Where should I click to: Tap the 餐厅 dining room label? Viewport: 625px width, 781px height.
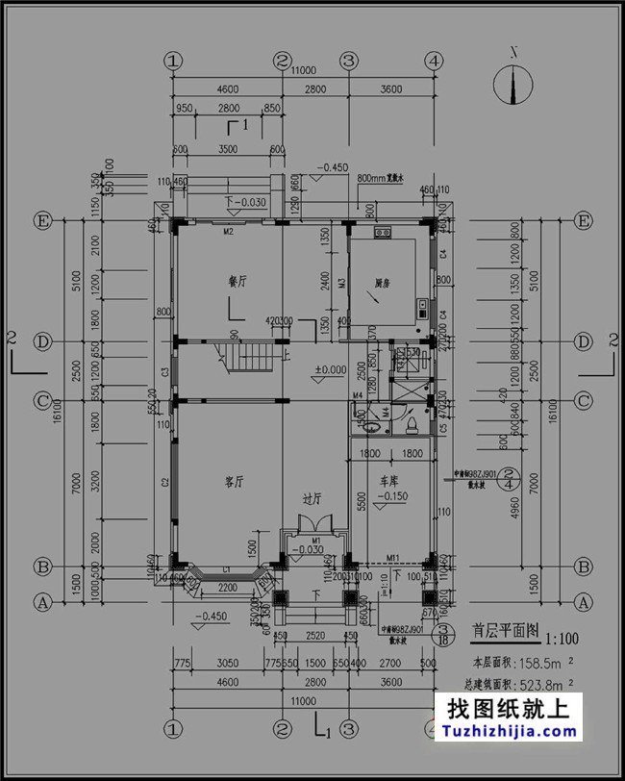[237, 282]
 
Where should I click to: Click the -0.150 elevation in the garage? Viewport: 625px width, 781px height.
[393, 497]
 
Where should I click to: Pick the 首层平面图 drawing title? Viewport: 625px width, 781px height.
[504, 632]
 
